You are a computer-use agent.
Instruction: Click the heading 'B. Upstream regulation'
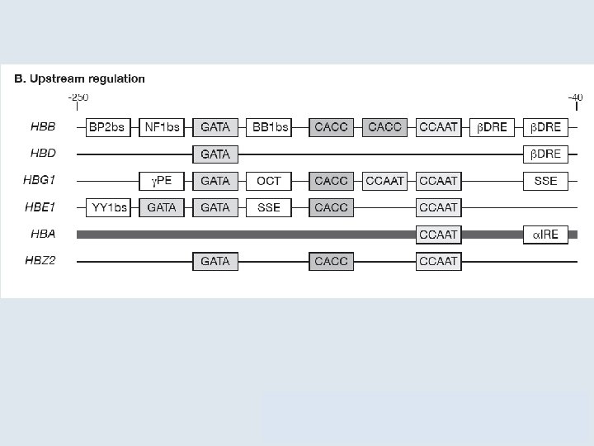[x=79, y=79]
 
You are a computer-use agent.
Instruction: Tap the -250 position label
[x=77, y=97]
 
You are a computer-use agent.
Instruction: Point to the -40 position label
[x=575, y=97]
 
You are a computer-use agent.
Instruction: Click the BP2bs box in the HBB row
[x=108, y=127]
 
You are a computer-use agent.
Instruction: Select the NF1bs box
[x=162, y=127]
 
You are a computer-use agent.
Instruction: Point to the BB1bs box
[x=269, y=127]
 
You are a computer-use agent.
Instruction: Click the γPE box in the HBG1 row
[x=162, y=181]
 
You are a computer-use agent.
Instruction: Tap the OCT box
[x=269, y=181]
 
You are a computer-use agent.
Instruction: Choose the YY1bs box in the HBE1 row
[x=108, y=207]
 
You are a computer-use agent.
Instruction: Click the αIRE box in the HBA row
[x=545, y=235]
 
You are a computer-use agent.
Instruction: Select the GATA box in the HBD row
[x=215, y=154]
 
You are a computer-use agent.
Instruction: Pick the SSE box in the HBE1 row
[x=269, y=207]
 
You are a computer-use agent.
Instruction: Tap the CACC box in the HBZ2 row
[x=331, y=261]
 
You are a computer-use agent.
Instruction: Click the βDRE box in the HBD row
[x=545, y=154]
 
